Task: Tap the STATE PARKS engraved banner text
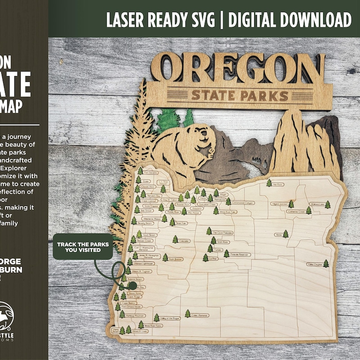point(239,95)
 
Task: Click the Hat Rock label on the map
point(279,184)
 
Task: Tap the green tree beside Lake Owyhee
point(326,263)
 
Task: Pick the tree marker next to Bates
point(285,234)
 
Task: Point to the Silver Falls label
point(181,223)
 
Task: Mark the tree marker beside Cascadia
point(175,240)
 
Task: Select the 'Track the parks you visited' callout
point(82,247)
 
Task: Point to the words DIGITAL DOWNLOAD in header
point(291,19)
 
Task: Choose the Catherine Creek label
point(297,211)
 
